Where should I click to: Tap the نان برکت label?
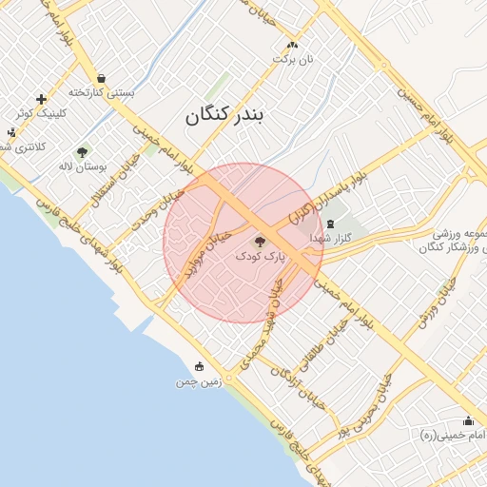(293, 59)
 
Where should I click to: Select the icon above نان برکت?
(292, 44)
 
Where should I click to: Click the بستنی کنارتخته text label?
(102, 93)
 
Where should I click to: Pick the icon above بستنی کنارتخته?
(101, 78)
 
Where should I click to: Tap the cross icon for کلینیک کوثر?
(41, 99)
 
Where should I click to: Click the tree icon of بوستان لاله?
(82, 151)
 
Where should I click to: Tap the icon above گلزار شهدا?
(330, 224)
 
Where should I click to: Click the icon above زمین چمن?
(199, 366)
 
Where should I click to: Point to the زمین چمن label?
(198, 381)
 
